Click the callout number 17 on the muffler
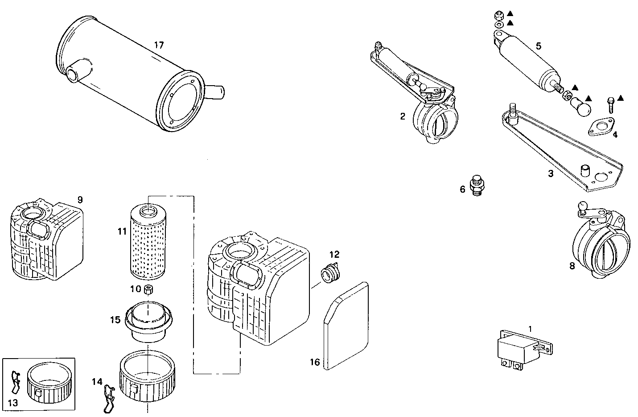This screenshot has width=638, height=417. coord(159,45)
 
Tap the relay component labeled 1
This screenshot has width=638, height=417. coord(517,348)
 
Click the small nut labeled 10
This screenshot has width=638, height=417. coord(149,289)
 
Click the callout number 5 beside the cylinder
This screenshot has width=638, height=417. coord(539,45)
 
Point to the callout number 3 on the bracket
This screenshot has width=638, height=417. coord(550,173)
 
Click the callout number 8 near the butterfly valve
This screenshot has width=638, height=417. coord(572,266)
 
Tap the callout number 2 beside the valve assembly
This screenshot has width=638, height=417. coord(403,116)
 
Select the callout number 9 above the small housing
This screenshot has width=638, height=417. coord(80,199)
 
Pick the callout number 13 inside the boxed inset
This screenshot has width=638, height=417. coord(13,403)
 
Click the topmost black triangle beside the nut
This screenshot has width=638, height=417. coord(510,14)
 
